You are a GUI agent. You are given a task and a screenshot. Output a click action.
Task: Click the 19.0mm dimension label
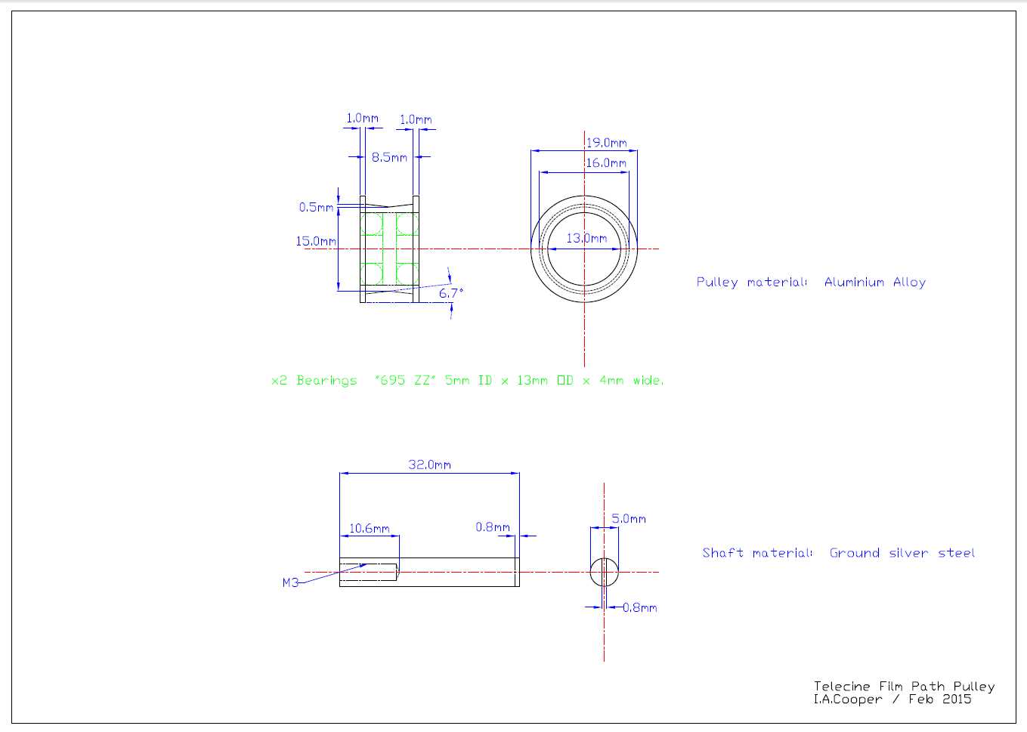click(x=607, y=143)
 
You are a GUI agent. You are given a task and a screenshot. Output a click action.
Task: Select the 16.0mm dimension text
click(x=606, y=162)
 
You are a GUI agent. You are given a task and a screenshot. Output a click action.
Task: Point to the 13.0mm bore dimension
click(x=586, y=239)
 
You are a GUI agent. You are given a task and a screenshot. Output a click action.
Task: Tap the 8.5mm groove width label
click(x=389, y=157)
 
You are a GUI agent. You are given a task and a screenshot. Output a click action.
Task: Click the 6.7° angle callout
click(x=451, y=293)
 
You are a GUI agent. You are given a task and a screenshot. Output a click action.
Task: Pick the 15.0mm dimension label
click(x=316, y=241)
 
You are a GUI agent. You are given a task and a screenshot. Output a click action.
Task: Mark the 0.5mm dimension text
click(x=316, y=207)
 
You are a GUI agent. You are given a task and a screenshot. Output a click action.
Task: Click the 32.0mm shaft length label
click(x=429, y=465)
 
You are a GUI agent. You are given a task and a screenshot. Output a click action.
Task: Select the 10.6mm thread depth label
click(x=370, y=529)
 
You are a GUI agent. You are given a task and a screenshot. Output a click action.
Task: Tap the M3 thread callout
click(x=291, y=582)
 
